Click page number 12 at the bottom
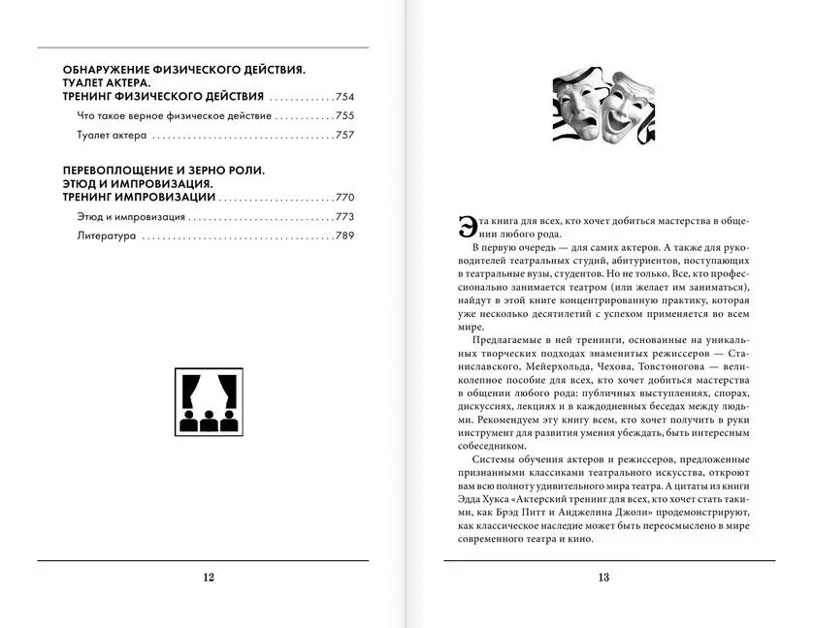click(208, 578)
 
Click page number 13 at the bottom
click(602, 578)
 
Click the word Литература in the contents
click(106, 235)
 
